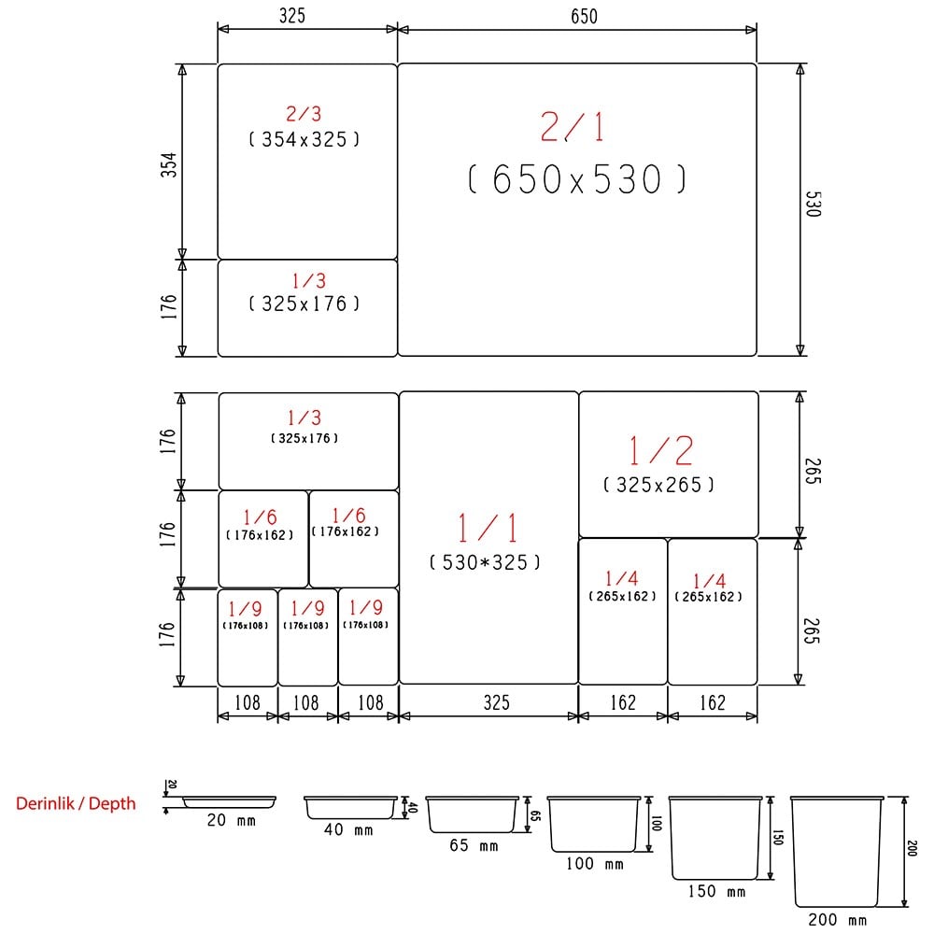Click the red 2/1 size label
pos(573,127)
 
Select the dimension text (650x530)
pos(576,179)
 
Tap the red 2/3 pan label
pos(304,114)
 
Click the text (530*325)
pos(485,562)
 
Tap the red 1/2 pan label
pos(660,451)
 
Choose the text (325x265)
pos(659,485)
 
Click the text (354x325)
pos(304,139)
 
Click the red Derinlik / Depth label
pos(76,803)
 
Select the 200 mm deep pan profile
pos(836,851)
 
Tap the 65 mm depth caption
pos(474,846)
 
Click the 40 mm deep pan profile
pos(351,807)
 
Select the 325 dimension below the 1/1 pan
pos(489,703)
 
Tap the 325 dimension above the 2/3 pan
pos(291,16)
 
